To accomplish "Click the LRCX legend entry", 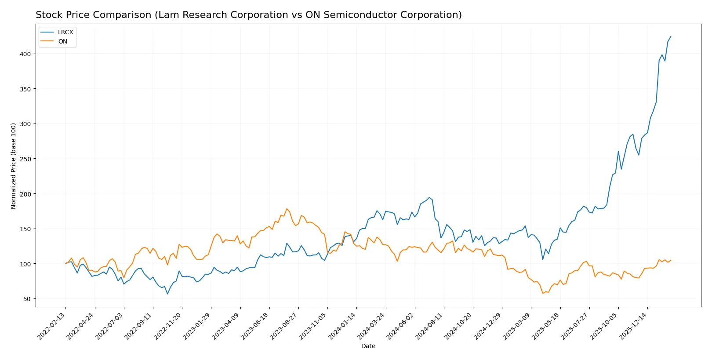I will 65,32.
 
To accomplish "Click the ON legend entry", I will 62,41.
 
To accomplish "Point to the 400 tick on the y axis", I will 25,54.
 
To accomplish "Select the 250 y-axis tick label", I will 25,159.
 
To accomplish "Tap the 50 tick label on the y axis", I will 27,299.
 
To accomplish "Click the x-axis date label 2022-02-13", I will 52,326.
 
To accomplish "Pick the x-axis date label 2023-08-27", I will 284,326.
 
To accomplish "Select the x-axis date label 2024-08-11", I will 430,326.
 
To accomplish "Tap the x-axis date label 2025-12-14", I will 633,326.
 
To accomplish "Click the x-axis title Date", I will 368,346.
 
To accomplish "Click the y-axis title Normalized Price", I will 13,166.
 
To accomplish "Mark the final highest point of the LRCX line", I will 671,36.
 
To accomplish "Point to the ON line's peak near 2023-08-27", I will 287,209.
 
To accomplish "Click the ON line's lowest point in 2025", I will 543,293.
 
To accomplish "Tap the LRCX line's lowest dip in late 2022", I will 167,294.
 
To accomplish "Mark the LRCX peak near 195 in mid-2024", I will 429,197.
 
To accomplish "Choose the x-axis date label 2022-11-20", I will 168,326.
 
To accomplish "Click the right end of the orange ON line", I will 671,260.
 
